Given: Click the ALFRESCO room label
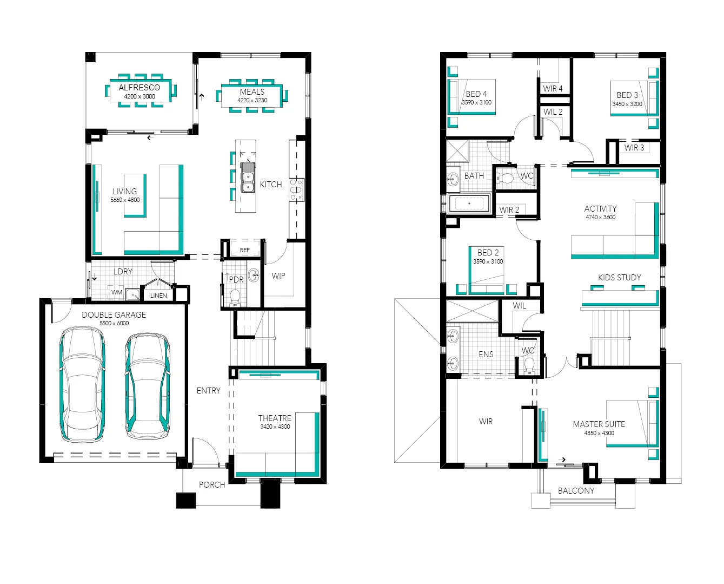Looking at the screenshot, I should [139, 87].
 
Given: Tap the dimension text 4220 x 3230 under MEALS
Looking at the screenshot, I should [252, 100].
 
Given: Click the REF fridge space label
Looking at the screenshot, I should [245, 250].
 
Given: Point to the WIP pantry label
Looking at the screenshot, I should [278, 276].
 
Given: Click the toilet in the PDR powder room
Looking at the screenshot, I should [235, 297].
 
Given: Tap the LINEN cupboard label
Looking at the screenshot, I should [158, 296].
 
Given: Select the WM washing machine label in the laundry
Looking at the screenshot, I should [117, 292].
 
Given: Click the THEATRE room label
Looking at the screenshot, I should [275, 418].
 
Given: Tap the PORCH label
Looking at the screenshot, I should [212, 485].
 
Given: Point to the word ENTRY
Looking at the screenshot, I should [209, 391].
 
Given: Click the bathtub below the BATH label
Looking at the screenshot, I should [469, 204].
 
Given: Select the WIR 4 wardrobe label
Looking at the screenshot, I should [553, 89].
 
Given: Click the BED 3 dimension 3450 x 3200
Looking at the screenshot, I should [627, 104].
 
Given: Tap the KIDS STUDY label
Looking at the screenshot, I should [620, 278].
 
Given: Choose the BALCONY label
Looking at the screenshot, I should [576, 491].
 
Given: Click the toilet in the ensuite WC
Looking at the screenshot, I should [529, 365].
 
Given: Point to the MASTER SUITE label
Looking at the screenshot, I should [599, 424].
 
